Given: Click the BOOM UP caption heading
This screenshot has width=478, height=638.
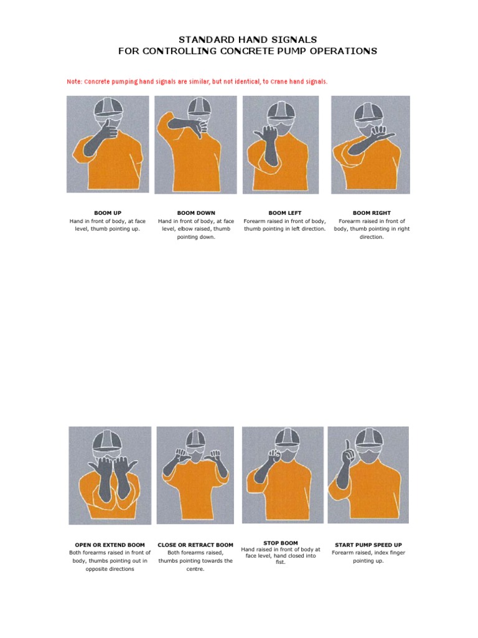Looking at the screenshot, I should (108, 213).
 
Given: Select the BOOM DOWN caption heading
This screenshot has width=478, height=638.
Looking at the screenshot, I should (196, 213).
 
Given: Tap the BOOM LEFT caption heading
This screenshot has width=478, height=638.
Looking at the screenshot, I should (284, 213).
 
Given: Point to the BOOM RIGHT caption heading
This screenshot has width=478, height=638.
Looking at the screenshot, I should (372, 213).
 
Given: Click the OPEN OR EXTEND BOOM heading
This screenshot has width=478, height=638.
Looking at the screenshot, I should (110, 545).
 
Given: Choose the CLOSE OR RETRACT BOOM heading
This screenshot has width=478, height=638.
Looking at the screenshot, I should (195, 545).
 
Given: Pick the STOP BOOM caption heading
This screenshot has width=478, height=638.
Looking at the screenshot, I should (281, 543).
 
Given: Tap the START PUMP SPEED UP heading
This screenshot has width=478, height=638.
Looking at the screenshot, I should (368, 545).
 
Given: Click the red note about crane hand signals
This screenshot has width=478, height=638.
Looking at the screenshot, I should (197, 82).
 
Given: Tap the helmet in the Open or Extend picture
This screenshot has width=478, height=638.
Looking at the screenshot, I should (110, 440).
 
